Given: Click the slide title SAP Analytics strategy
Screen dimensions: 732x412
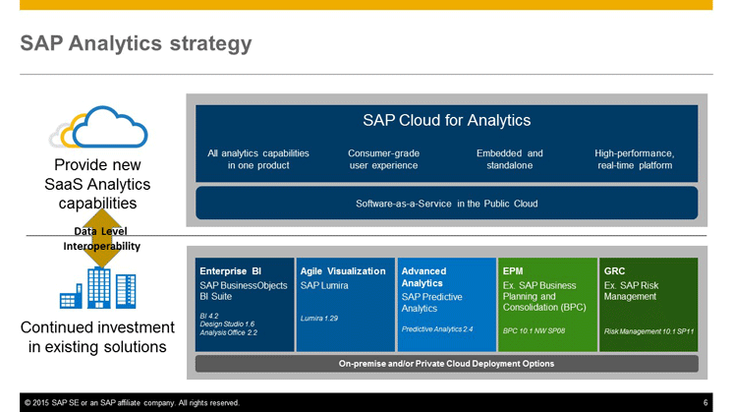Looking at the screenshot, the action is click(x=136, y=44).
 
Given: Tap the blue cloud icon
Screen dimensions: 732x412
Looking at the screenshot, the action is click(x=110, y=127).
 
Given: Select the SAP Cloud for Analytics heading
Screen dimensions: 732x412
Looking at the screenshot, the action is click(x=447, y=121).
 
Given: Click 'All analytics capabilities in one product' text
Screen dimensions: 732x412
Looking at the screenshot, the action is click(x=258, y=159).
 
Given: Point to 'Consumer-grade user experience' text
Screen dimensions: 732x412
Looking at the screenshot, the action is click(x=384, y=159).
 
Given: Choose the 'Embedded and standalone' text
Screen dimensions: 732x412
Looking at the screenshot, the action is click(x=510, y=159).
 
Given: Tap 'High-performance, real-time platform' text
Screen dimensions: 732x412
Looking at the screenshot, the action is click(x=635, y=159).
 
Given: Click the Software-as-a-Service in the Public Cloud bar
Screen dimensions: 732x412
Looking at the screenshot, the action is click(x=447, y=204).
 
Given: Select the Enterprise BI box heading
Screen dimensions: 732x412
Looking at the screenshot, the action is click(x=231, y=271).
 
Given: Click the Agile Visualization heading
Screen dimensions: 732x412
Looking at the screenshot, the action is click(x=343, y=271).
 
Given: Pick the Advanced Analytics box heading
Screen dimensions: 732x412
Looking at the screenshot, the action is click(x=423, y=277).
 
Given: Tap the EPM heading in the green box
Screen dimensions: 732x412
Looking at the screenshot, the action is click(x=513, y=271).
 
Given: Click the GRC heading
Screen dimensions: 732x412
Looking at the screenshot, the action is click(x=614, y=271).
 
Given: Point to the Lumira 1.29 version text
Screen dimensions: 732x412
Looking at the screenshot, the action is click(x=319, y=319).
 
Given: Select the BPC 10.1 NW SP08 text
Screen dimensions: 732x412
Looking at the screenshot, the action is click(x=535, y=330).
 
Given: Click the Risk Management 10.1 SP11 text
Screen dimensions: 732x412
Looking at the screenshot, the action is click(x=648, y=331).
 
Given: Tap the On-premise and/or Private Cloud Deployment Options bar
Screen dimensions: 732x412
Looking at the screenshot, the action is click(x=447, y=364).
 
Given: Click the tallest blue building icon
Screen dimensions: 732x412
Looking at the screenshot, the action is click(x=99, y=288).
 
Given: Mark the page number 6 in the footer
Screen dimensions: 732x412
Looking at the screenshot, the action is click(x=705, y=402).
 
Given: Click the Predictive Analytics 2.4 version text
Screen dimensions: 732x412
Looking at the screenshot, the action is click(x=437, y=328).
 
